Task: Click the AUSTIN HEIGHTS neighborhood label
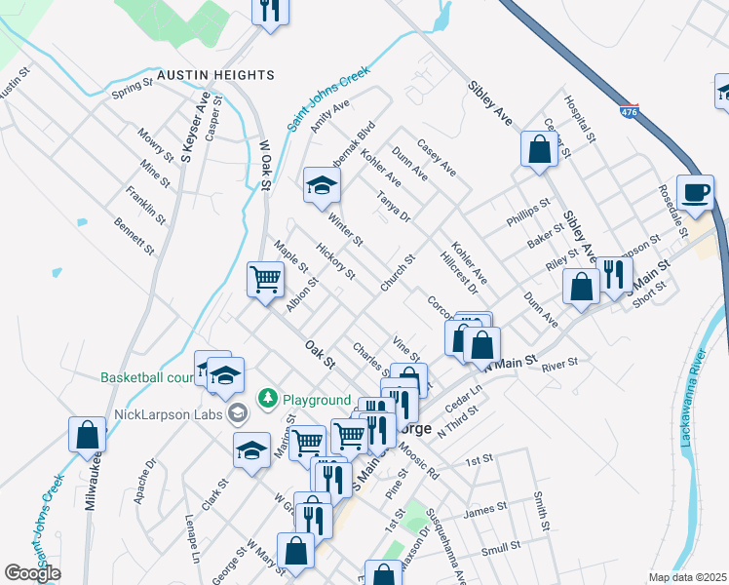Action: tap(215, 75)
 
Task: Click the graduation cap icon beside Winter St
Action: tap(321, 185)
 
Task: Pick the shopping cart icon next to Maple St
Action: tap(265, 280)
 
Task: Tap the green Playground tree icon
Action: tap(267, 400)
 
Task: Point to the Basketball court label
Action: tap(147, 377)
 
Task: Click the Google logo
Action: tap(32, 573)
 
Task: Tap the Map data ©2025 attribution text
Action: tap(686, 577)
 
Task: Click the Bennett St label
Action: tap(134, 236)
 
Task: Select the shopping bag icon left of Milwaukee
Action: tap(87, 434)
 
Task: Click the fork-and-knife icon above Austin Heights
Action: tap(269, 11)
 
